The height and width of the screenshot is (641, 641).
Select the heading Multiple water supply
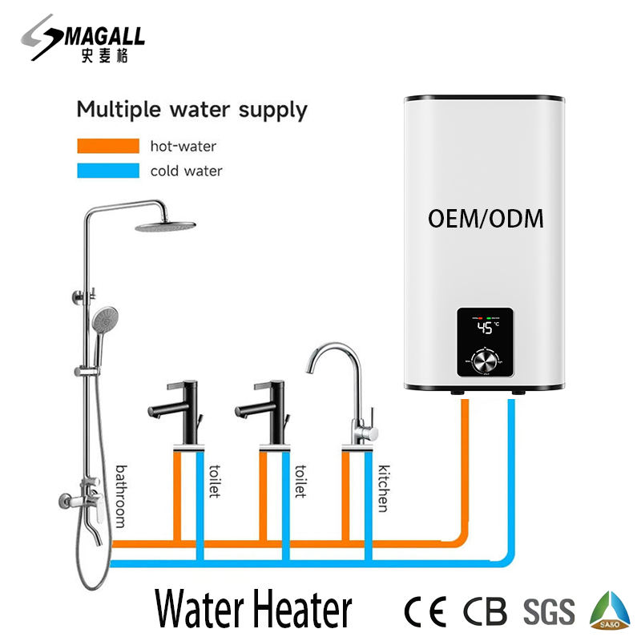(x=191, y=109)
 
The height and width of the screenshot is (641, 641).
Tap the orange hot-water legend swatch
(x=108, y=146)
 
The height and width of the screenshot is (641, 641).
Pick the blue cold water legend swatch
(x=108, y=171)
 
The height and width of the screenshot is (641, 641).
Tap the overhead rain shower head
(x=165, y=225)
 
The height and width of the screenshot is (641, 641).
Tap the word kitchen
(x=384, y=488)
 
